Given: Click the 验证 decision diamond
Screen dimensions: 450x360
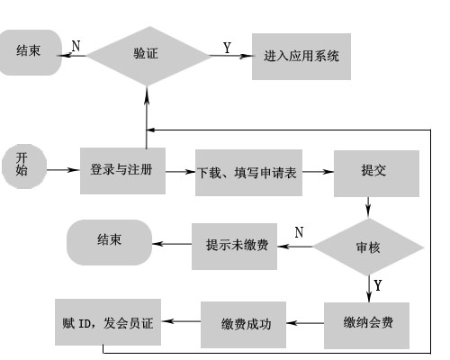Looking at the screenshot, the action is (148, 56).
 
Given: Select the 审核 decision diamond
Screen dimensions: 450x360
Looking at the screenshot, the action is (369, 247).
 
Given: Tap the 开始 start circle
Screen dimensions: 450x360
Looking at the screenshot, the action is (24, 166).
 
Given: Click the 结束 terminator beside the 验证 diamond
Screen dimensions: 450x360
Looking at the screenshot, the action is (30, 52).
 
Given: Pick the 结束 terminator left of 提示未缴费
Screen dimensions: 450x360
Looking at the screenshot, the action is (109, 242).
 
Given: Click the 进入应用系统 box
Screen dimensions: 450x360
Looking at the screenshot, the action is (301, 57).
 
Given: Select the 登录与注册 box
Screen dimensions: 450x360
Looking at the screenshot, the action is (122, 171).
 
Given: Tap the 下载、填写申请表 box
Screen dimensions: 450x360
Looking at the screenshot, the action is (248, 173).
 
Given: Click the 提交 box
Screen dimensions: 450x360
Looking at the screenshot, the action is (376, 174).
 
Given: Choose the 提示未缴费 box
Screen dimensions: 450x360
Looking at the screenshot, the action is (234, 247).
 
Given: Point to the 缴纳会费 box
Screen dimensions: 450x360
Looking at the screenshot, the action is (366, 326).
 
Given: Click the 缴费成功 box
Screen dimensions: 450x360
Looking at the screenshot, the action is (243, 325).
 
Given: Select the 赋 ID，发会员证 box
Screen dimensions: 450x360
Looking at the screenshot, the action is (108, 322).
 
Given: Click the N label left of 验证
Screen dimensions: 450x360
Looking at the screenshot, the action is (76, 46).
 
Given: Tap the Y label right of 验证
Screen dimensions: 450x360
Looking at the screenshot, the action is (227, 48).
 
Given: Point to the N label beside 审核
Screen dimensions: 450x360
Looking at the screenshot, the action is (299, 232).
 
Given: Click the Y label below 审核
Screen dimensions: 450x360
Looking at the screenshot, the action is (378, 285).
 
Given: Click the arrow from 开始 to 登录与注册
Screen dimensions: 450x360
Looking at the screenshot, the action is (64, 170).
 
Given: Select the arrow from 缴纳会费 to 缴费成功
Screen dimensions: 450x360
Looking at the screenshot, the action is (305, 323).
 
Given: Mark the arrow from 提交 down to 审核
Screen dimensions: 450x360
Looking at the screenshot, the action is (368, 207).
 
